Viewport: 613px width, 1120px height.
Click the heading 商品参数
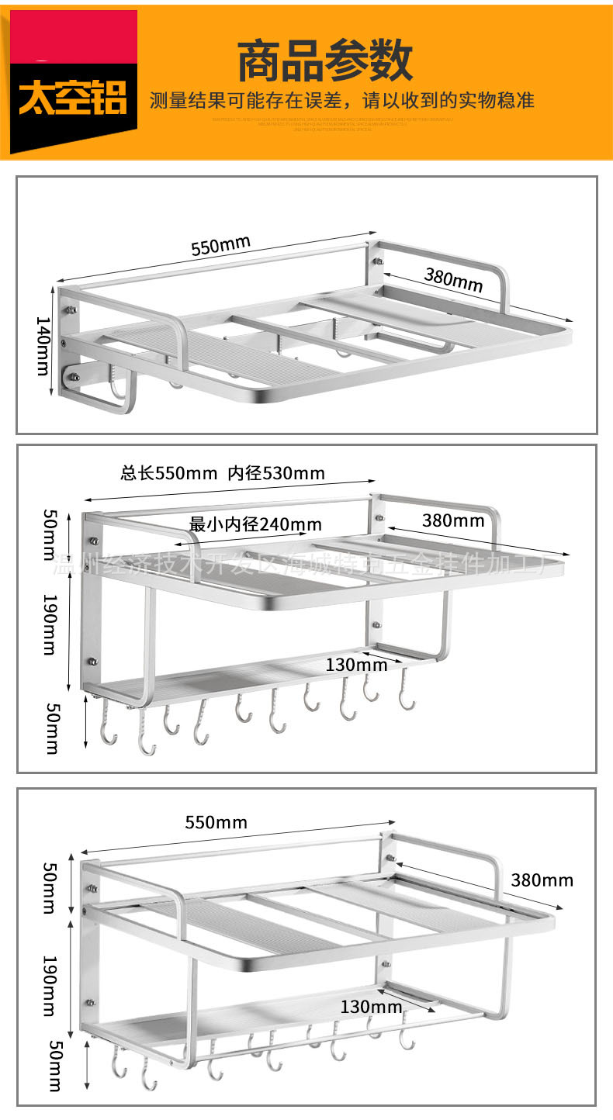pos(324,62)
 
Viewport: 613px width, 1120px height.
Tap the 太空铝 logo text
pos(73,99)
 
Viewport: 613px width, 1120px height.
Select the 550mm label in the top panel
pos(221,245)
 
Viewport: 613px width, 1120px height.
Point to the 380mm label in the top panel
pos(453,279)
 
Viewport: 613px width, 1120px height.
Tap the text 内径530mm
pos(276,473)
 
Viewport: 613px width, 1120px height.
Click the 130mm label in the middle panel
pos(356,665)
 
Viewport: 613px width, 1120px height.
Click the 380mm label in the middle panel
pos(453,520)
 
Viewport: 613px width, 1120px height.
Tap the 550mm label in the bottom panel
pos(216,822)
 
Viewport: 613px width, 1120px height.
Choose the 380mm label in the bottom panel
pos(542,880)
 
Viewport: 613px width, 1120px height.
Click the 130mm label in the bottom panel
pos(371,1007)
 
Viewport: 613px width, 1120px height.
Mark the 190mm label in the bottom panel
pos(48,985)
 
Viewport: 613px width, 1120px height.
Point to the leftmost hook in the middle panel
pos(107,729)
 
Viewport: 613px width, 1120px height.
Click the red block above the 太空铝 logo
pos(73,35)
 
